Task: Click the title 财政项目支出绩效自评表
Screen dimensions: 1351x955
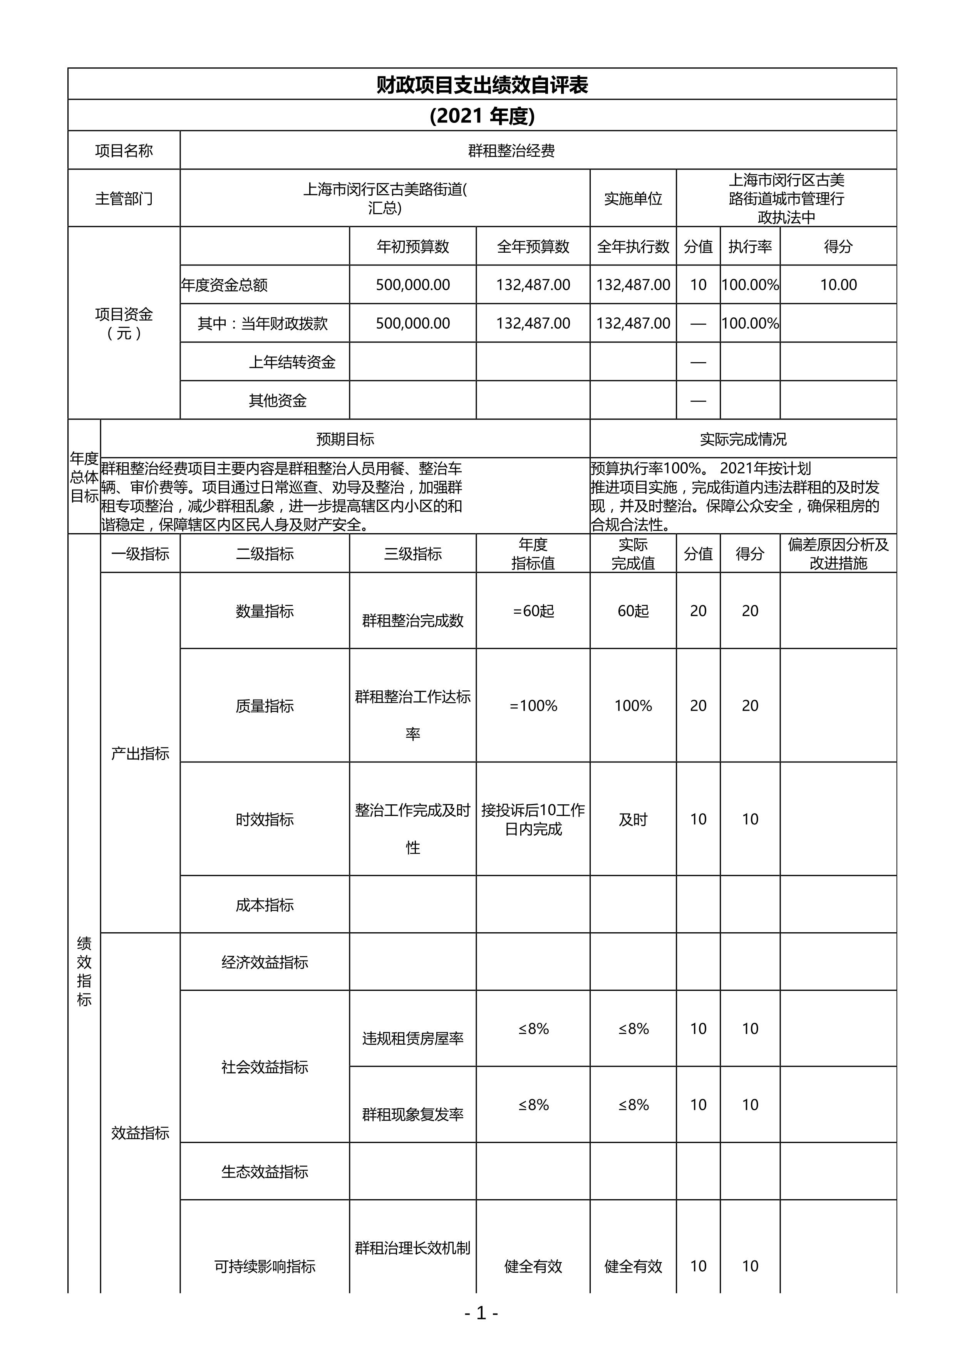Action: tap(482, 85)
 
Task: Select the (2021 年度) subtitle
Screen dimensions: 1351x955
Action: tap(482, 116)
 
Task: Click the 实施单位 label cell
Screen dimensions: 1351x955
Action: tap(633, 199)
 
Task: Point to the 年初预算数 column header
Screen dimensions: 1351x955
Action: tap(413, 247)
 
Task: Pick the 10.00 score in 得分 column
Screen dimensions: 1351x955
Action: tap(838, 285)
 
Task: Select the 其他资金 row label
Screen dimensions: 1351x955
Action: tap(278, 401)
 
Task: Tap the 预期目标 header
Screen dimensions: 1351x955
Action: tap(345, 439)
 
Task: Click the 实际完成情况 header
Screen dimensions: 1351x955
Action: tap(743, 439)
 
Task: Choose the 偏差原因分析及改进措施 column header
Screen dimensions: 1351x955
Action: tap(838, 554)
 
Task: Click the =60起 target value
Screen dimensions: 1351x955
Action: tap(533, 611)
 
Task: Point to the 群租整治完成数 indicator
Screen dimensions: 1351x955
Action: tap(413, 620)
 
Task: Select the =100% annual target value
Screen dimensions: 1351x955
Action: tap(533, 705)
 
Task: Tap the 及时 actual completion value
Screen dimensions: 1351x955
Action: tap(633, 819)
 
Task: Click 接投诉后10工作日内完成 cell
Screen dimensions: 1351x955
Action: tap(533, 819)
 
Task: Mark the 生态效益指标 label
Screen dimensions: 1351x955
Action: tap(265, 1171)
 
